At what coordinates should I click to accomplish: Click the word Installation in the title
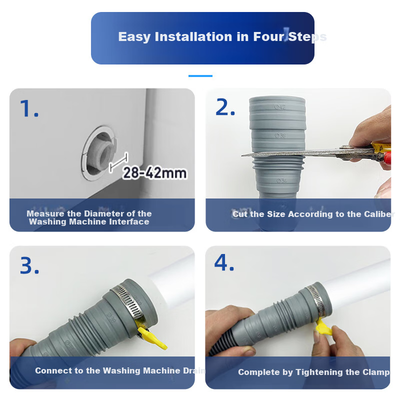point(194,36)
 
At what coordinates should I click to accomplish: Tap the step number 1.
point(29,108)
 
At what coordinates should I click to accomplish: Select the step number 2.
point(224,107)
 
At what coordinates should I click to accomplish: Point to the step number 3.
point(29,265)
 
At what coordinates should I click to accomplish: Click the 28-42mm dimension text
point(154,173)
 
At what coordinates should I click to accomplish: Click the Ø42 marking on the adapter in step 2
point(280,107)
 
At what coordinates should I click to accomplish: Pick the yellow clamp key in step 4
point(323,327)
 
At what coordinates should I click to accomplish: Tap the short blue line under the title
point(200,76)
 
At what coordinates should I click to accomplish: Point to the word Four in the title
point(269,36)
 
